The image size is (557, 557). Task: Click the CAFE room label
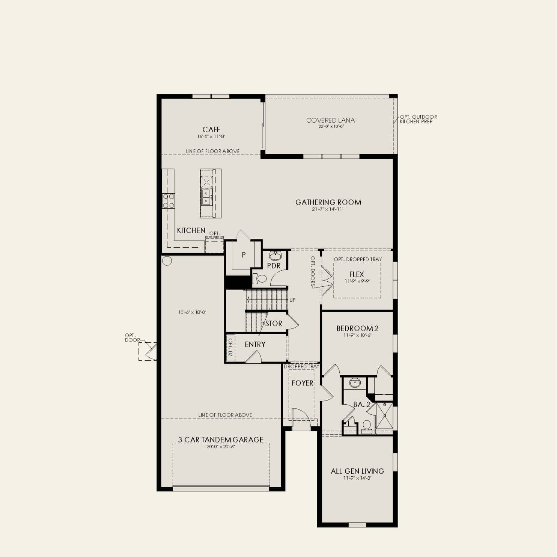(211, 129)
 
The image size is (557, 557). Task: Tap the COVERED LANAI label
(331, 120)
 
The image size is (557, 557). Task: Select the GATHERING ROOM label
(328, 202)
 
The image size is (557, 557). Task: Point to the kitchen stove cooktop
(168, 200)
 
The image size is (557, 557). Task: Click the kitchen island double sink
(206, 197)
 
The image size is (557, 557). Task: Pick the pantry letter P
(244, 255)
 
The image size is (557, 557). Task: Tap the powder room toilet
(259, 278)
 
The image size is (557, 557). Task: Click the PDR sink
(275, 256)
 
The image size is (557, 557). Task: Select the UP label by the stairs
(292, 300)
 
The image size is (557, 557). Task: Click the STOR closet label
(274, 324)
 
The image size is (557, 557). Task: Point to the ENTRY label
(255, 345)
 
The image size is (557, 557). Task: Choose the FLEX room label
(357, 274)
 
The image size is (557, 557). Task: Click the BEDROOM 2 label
(357, 328)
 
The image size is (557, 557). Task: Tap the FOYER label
(303, 383)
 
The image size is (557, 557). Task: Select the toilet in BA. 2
(367, 426)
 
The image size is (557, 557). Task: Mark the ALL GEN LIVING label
(357, 471)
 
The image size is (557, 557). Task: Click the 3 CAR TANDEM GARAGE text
(221, 440)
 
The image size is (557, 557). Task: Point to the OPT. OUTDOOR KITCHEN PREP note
(419, 119)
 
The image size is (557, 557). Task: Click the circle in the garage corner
(167, 261)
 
